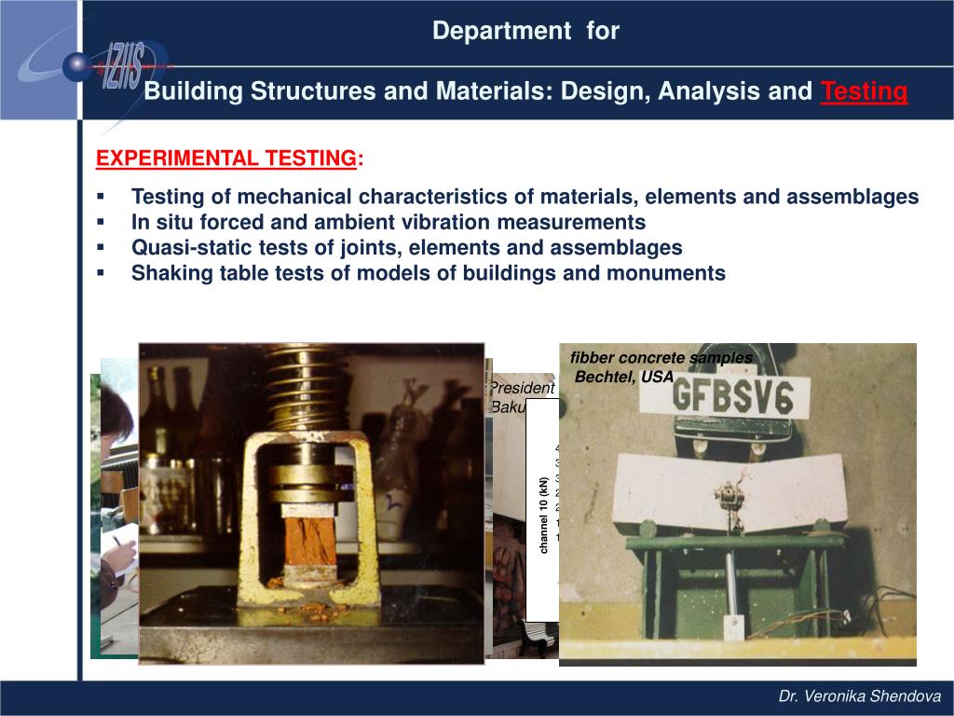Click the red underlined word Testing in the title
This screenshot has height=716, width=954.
864,91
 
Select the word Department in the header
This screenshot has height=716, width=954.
501,31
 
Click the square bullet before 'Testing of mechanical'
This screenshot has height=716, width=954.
101,198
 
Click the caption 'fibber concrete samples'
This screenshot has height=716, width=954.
661,358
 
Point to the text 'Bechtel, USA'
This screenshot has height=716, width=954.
624,378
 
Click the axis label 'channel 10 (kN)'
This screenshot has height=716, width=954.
543,515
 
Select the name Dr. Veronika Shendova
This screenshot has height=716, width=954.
860,696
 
